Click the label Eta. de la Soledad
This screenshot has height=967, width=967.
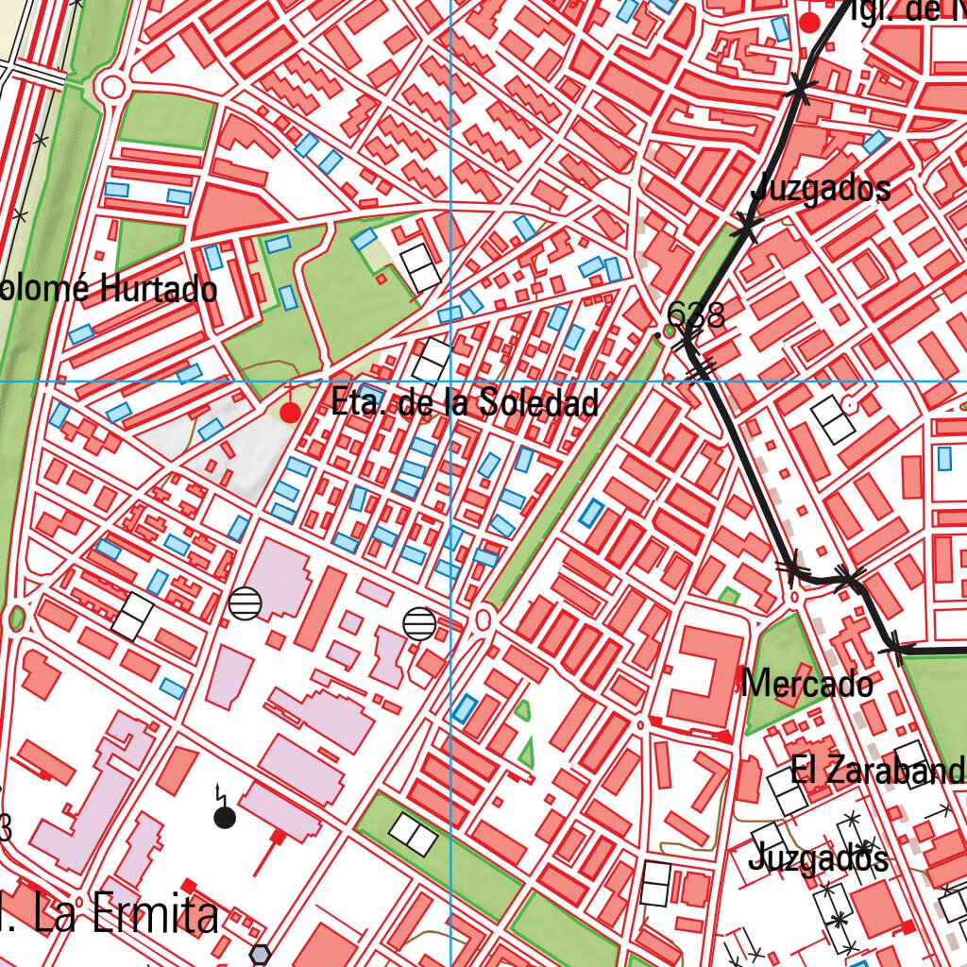click(x=465, y=403)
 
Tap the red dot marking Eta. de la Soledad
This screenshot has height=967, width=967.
click(x=291, y=413)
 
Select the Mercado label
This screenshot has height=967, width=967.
click(x=807, y=683)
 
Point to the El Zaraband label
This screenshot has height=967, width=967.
click(x=878, y=771)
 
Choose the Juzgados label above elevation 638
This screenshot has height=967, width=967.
click(x=821, y=188)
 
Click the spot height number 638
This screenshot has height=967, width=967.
click(x=696, y=314)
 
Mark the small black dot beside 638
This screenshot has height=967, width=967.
click(x=658, y=335)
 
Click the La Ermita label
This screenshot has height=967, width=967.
click(x=123, y=915)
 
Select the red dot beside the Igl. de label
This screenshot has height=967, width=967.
click(x=809, y=22)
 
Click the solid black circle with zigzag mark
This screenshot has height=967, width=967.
click(x=224, y=817)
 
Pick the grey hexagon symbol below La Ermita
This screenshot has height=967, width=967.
click(x=260, y=955)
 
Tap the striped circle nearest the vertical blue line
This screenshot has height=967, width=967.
click(x=419, y=623)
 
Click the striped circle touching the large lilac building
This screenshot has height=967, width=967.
click(x=245, y=602)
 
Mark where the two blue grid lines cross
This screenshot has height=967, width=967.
click(x=450, y=382)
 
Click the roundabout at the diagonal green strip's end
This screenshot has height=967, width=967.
click(x=485, y=619)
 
